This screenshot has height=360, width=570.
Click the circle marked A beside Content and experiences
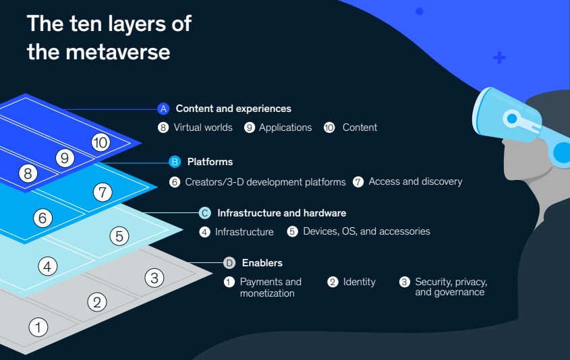163,109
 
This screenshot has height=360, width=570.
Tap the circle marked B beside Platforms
174,162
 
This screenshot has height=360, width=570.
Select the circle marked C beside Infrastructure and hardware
205,213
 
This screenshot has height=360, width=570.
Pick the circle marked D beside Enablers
229,263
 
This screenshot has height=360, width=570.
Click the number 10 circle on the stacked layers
101,142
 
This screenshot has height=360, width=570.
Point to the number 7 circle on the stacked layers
102,192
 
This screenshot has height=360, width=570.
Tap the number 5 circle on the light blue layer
119,236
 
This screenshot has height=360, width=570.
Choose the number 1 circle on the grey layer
38,328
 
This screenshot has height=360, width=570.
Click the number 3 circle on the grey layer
154,277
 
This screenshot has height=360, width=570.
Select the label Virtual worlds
202,127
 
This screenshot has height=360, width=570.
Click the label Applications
285,127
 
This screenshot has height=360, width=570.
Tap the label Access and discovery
415,181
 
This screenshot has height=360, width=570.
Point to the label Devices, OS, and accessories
366,231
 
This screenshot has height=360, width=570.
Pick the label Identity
359,282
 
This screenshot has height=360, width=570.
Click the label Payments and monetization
270,287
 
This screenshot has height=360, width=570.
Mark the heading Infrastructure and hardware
281,213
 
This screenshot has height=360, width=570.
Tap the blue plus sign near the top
499,58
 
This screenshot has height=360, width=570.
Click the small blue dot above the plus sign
419,11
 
